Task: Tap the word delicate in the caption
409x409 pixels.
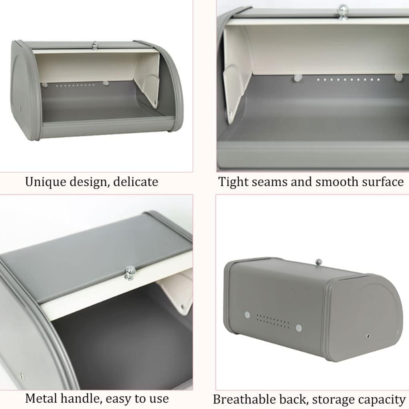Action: click(135, 182)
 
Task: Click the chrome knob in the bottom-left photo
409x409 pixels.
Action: click(130, 272)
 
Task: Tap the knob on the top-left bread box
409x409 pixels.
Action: click(95, 45)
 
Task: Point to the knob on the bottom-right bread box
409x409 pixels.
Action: click(318, 262)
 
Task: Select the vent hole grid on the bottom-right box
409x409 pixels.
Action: click(272, 321)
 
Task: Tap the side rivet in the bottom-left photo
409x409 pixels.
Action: click(21, 375)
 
